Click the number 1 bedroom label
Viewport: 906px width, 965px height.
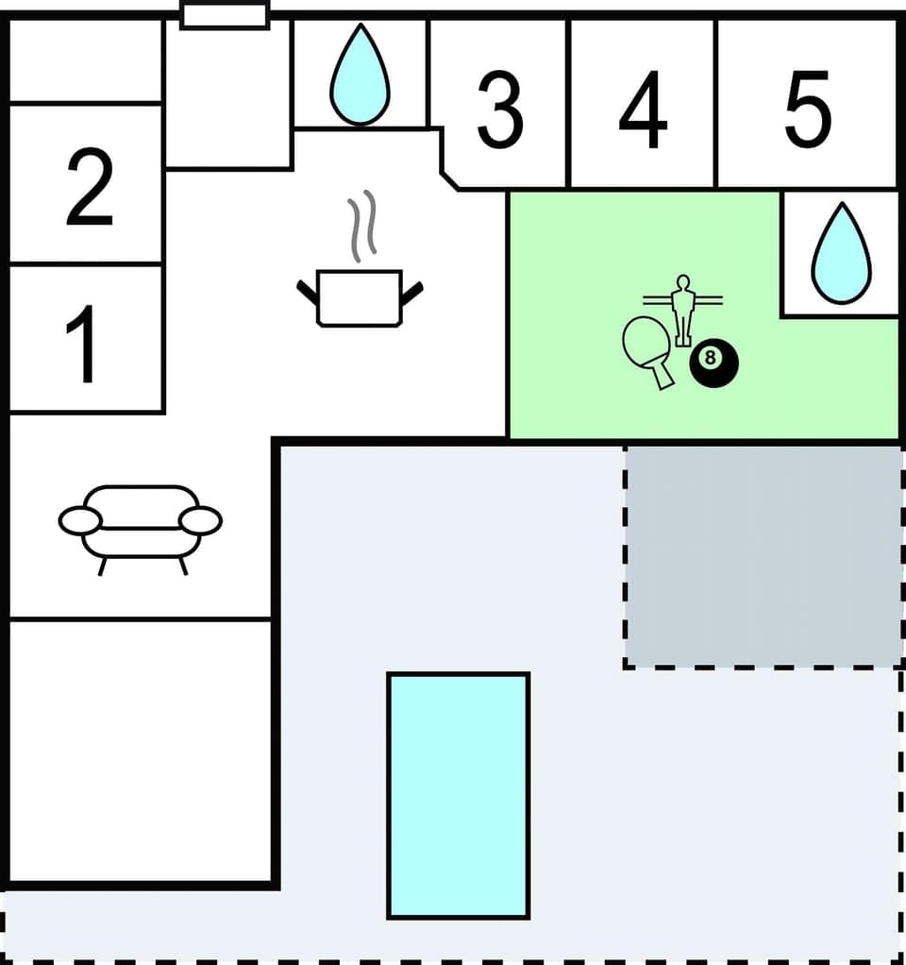[84, 347]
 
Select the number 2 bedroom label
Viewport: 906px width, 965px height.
[90, 188]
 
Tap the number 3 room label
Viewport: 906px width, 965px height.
[499, 110]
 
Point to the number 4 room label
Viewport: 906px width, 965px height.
[643, 110]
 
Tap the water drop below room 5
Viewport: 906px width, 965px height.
[840, 255]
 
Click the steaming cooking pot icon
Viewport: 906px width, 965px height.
[360, 296]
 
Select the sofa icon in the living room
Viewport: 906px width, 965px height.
[140, 522]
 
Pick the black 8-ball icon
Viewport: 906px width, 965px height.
[713, 362]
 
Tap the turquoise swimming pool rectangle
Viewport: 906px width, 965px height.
[459, 794]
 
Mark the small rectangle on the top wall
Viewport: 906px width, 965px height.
[225, 15]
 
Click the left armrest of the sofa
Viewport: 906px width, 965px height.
[79, 520]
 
